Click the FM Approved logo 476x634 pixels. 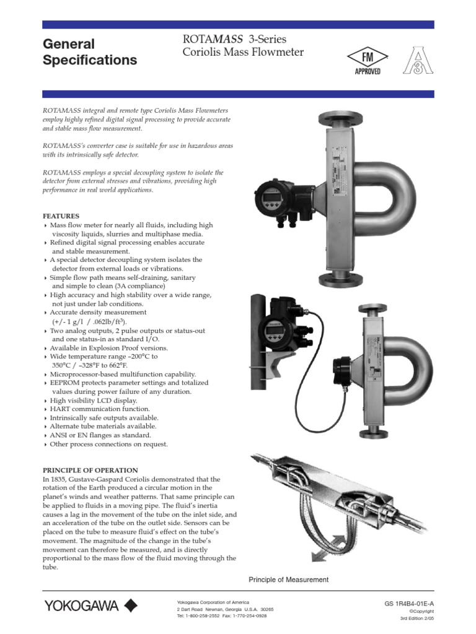click(368, 63)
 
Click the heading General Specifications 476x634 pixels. click(89, 52)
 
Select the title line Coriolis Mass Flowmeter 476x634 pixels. click(243, 53)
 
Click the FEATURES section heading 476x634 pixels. click(61, 216)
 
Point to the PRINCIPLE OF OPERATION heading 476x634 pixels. click(90, 471)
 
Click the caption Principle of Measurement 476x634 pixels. click(288, 580)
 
